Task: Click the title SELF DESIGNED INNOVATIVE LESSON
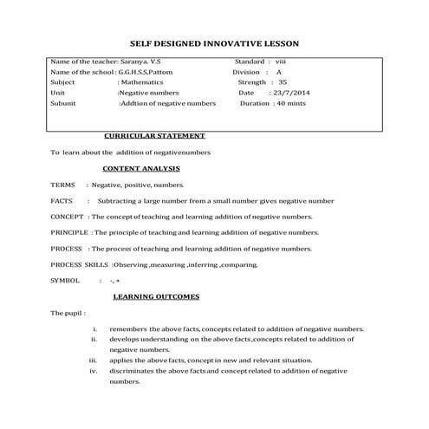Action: point(214,42)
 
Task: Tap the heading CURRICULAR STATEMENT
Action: point(154,136)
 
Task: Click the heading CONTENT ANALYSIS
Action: point(141,167)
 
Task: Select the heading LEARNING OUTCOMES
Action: point(156,296)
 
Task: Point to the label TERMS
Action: point(63,185)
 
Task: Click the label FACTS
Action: point(62,200)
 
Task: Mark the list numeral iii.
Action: point(93,360)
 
